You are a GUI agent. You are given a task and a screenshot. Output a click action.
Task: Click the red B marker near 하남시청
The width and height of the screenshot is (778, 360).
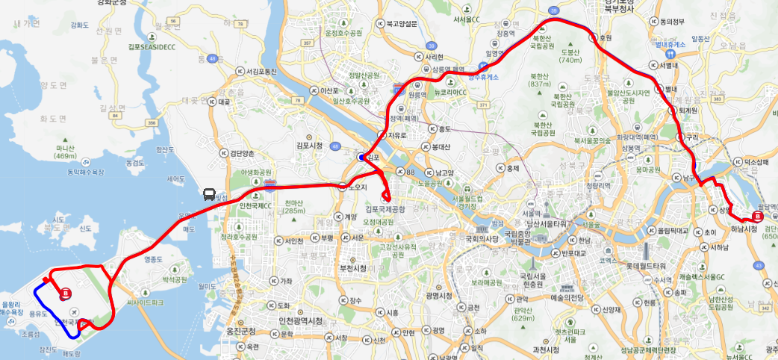point(757,217)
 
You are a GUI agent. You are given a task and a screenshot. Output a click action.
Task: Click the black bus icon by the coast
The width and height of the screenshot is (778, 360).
point(210,194)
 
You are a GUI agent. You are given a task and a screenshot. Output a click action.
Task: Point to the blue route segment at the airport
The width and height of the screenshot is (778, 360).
point(45,314)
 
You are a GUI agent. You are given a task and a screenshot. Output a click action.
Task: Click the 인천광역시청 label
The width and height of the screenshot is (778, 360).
point(299,321)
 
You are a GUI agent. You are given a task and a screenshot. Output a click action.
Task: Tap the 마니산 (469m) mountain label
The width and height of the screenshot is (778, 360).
point(66,152)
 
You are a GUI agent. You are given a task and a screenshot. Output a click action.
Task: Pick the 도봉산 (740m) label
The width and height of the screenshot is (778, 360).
point(570,57)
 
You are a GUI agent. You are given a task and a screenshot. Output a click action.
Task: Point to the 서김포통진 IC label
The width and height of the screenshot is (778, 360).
point(256,71)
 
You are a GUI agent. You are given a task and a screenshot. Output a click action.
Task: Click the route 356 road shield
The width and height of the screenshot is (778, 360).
point(152,123)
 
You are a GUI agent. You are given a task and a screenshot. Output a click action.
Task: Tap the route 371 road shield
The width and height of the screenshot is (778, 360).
point(483,105)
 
